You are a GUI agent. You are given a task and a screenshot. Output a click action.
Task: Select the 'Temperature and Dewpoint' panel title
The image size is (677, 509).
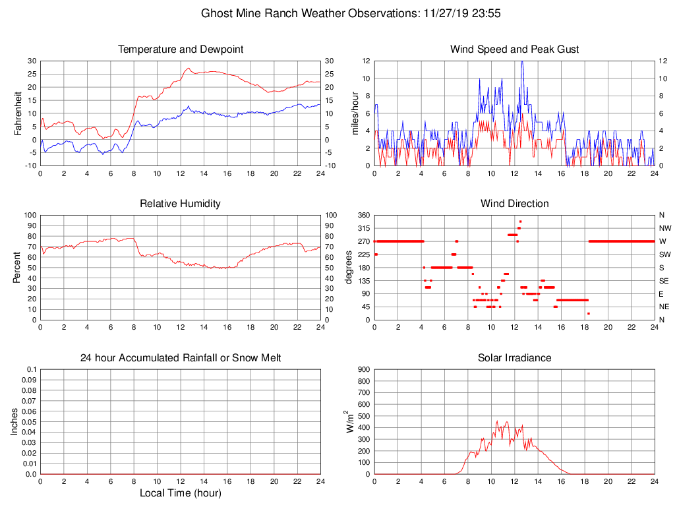click(181, 49)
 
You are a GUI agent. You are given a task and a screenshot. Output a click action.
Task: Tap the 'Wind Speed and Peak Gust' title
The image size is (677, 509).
click(514, 49)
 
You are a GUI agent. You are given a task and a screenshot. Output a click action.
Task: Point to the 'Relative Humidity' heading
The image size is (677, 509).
click(181, 204)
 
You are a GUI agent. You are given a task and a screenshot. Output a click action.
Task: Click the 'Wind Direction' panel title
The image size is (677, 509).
click(514, 204)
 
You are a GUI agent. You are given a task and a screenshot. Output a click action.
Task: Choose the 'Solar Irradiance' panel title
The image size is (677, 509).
click(514, 358)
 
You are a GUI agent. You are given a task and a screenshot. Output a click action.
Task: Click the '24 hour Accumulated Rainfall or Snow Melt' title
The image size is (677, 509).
click(181, 358)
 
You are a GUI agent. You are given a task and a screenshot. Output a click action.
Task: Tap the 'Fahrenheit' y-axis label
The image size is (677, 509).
click(18, 113)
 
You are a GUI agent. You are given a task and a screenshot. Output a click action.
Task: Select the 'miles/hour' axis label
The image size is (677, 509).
click(355, 113)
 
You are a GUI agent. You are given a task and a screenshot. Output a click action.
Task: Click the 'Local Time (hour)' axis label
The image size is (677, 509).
click(181, 493)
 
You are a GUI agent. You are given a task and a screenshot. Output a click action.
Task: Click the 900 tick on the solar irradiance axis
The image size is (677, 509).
click(365, 370)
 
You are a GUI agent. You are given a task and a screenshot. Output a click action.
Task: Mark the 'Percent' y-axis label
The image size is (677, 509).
click(18, 267)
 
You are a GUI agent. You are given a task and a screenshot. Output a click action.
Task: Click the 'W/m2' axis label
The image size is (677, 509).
click(351, 421)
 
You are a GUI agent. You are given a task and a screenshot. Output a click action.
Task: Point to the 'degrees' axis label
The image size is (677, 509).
click(348, 267)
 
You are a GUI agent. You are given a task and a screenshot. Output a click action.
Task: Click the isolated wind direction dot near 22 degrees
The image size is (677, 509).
click(589, 313)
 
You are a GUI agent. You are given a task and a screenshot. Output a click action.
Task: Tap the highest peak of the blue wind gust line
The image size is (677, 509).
click(522, 61)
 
